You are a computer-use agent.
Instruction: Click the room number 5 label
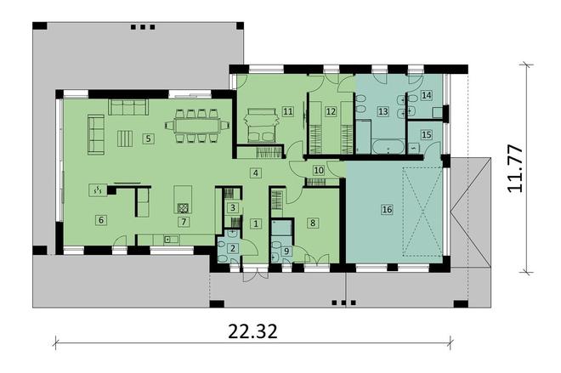click(147, 138)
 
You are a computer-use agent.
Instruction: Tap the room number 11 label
click(288, 110)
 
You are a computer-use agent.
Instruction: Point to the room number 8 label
click(313, 223)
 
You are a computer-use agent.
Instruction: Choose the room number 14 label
click(427, 96)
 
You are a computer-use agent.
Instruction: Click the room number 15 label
click(427, 134)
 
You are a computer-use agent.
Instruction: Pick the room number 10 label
click(319, 170)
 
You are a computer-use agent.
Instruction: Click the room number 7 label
click(183, 221)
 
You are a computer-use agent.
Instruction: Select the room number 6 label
click(101, 220)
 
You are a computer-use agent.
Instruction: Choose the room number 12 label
click(331, 110)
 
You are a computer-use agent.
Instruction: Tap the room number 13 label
click(382, 110)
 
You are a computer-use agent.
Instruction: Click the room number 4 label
click(255, 172)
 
